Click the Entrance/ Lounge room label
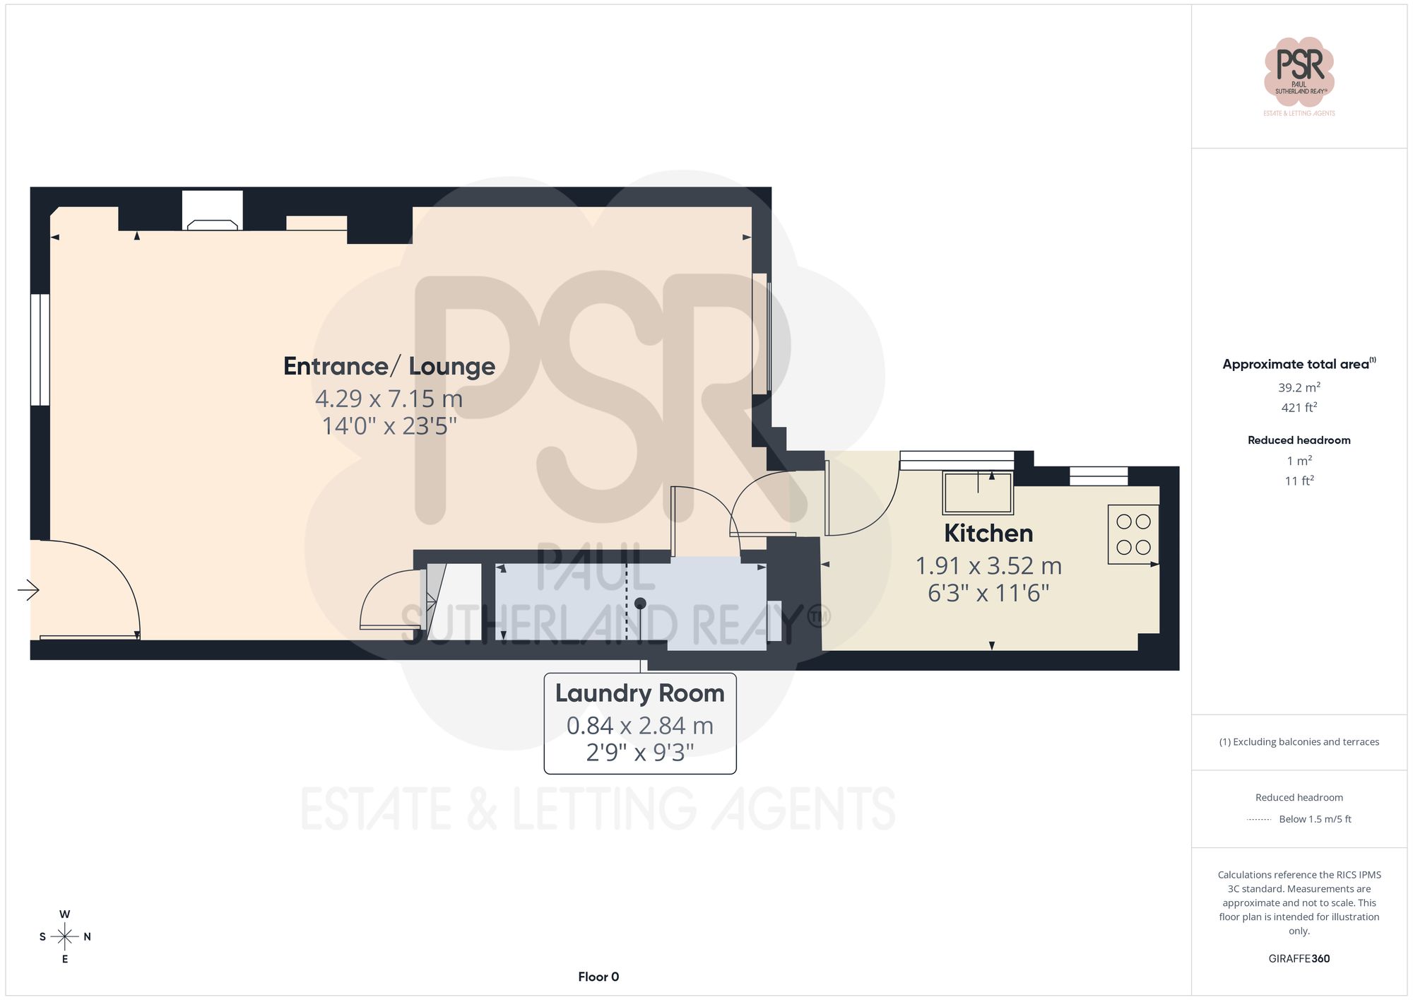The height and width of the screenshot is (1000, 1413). (x=389, y=366)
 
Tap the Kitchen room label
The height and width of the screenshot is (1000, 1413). (x=988, y=533)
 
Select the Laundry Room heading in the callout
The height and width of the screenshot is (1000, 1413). (x=639, y=693)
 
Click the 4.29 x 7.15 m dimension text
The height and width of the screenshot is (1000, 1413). (x=389, y=399)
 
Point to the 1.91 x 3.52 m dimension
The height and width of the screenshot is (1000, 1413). (x=988, y=565)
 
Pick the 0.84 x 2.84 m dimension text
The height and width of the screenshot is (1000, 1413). (x=639, y=726)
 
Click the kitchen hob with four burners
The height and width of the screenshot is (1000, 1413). (x=1133, y=534)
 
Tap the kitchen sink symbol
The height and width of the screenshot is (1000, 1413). (x=978, y=492)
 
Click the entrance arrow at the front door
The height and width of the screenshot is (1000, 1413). (x=28, y=589)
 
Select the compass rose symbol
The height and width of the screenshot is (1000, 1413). (x=65, y=937)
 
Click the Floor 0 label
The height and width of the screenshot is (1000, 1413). (x=598, y=977)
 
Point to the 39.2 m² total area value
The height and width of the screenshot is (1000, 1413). (x=1299, y=387)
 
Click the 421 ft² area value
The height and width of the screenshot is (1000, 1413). (x=1299, y=408)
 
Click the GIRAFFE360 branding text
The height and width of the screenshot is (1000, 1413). (x=1299, y=959)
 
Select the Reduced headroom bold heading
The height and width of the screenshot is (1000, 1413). (x=1299, y=440)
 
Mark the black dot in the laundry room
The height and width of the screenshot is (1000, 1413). (x=640, y=604)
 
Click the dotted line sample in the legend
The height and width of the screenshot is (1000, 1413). (x=1259, y=820)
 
